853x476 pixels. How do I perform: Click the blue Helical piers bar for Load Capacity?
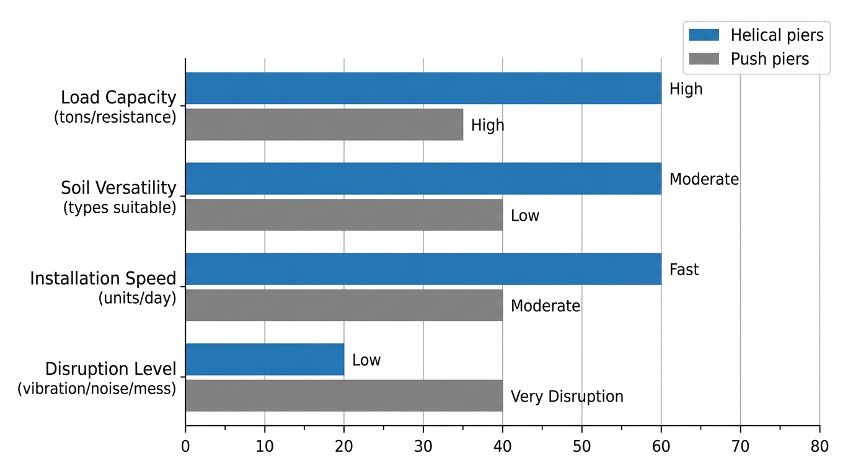point(423,88)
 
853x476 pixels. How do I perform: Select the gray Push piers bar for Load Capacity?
point(324,125)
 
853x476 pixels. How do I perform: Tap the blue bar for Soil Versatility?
point(423,178)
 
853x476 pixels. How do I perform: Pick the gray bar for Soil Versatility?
point(343,215)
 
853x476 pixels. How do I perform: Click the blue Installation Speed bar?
point(423,269)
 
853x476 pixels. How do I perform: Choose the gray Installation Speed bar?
point(343,306)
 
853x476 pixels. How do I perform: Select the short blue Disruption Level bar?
point(264,359)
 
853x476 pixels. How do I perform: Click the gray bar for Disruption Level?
point(343,396)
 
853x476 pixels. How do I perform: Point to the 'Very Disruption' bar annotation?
point(567,397)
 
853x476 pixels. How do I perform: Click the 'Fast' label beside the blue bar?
point(684,270)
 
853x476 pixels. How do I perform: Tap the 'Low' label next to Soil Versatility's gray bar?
point(524,216)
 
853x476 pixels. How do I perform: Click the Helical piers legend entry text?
point(777,35)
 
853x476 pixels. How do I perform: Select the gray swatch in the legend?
point(703,59)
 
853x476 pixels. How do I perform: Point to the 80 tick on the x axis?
point(820,446)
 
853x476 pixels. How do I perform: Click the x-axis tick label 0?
point(185,446)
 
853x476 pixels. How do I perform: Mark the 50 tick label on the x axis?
point(581,446)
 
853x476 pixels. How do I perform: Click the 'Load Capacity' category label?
point(118,97)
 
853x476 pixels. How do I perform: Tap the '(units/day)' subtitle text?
point(137,298)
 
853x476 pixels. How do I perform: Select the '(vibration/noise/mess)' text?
point(97,389)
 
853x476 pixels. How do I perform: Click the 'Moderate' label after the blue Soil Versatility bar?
point(704,179)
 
